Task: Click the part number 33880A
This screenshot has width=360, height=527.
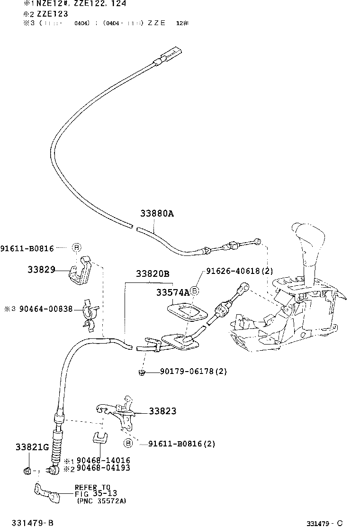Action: coord(157,214)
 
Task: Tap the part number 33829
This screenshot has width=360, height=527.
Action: coord(41,270)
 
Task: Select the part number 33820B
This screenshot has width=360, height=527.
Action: coord(153,274)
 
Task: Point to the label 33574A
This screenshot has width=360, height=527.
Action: coord(173,293)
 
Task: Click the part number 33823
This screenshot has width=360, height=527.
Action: coord(162,411)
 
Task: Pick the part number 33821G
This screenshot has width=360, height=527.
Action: coord(32,447)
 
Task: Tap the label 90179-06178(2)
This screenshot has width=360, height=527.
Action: coord(187,372)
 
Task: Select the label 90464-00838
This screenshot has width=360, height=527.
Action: coord(45,309)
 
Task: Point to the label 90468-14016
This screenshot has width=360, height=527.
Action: coord(103,460)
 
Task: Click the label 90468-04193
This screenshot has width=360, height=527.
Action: coord(103,468)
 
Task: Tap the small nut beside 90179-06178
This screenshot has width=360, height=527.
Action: coord(141,372)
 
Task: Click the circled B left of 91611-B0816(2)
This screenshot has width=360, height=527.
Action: coord(128,444)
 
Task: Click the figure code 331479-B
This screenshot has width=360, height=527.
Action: coord(33,522)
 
